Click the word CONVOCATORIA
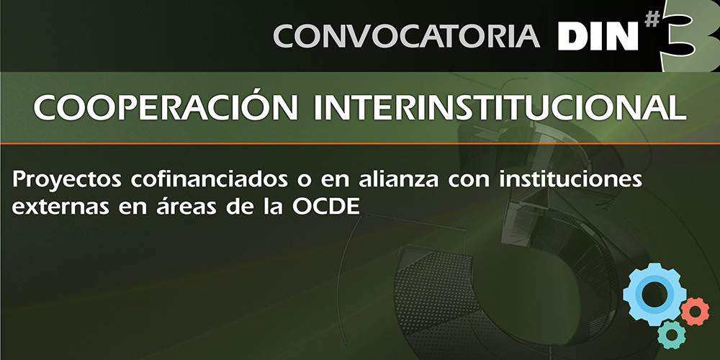[406, 36]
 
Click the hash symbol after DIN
[652, 19]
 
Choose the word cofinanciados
[210, 179]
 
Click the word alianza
[399, 179]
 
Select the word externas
[60, 207]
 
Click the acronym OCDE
[325, 207]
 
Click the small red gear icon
[695, 311]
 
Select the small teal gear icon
[671, 335]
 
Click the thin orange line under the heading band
[360, 144]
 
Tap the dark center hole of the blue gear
[654, 294]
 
